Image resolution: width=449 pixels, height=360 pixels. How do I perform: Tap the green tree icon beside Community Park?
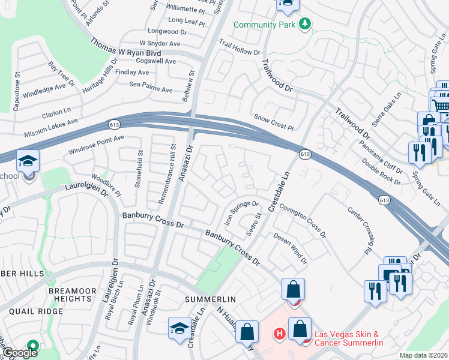pyautogui.click(x=306, y=23)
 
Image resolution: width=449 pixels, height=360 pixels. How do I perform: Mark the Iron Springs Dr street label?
pyautogui.click(x=241, y=211)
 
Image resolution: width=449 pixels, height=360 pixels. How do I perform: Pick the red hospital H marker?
pyautogui.click(x=279, y=334)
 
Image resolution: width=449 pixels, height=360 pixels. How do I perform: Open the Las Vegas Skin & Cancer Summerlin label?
pyautogui.click(x=349, y=338)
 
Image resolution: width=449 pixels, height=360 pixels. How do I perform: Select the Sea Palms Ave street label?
pyautogui.click(x=151, y=86)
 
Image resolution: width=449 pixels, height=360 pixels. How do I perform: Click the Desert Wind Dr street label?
pyautogui.click(x=291, y=248)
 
